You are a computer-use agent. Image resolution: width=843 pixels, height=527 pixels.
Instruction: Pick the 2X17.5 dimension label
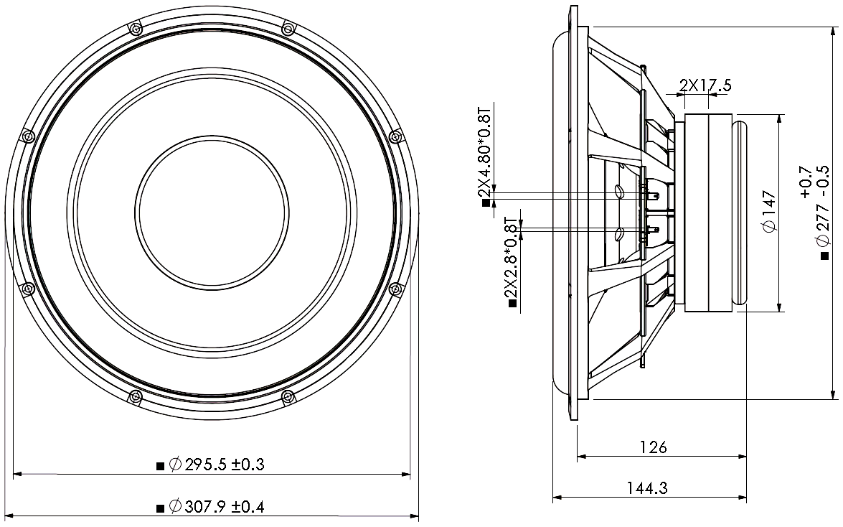point(705,85)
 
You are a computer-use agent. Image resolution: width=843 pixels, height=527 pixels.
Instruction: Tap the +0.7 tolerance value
point(806,181)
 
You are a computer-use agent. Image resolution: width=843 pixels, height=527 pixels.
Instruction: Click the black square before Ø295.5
point(160,466)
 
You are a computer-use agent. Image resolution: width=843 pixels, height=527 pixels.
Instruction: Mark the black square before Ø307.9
point(160,508)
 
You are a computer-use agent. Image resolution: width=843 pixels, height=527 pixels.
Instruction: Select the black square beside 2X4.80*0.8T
point(486,204)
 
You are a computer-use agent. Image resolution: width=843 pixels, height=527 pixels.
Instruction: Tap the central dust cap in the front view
point(212,213)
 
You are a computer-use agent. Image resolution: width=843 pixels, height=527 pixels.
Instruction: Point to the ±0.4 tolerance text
point(248,508)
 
